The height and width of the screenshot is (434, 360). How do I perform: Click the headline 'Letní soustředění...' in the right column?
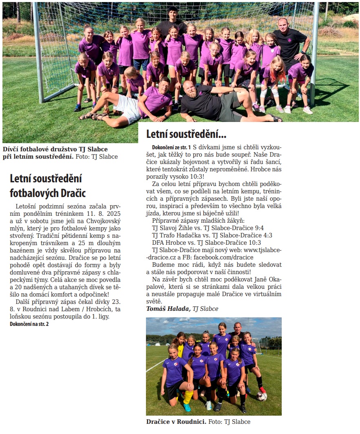[x=186, y=134]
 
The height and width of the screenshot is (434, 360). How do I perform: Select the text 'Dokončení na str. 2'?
[x=29, y=324]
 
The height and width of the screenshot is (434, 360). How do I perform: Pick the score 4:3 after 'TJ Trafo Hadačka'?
[x=265, y=235]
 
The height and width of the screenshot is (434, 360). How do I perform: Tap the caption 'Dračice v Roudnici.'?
[x=176, y=421]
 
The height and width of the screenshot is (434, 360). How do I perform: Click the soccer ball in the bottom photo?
[x=261, y=396]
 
